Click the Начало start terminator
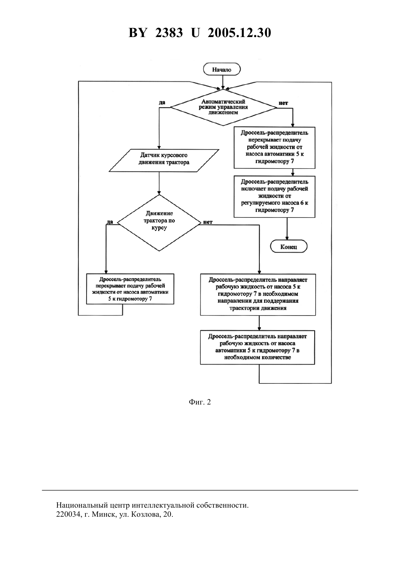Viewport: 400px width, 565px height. pos(222,69)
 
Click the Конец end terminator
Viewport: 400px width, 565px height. pos(289,247)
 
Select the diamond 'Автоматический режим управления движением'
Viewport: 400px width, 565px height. pos(223,107)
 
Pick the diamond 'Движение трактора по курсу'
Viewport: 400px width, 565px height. pos(159,223)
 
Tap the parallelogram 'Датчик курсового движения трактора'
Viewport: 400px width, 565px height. pos(164,160)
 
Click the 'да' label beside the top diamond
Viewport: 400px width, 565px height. pos(161,102)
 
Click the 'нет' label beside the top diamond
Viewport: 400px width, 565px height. pos(283,103)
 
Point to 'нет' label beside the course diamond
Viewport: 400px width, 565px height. pos(208,222)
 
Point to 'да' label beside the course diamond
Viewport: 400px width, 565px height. pos(109,222)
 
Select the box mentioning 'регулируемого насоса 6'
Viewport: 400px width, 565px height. pos(274,196)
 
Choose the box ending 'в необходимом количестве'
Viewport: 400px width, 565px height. pos(257,347)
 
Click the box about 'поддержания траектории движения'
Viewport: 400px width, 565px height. pos(258,294)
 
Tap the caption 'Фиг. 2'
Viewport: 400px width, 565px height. pos(200,402)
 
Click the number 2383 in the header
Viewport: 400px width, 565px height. pos(169,33)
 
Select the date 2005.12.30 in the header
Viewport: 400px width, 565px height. pos(239,33)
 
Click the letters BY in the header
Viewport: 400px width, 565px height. pos(137,33)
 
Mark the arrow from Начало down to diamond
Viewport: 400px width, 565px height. pos(223,82)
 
